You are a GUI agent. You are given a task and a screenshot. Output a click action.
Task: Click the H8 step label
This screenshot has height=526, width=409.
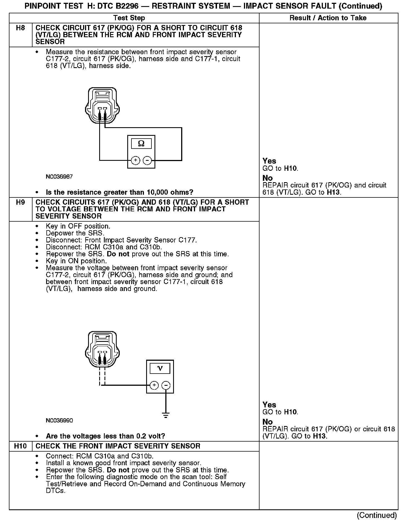[x=21, y=28]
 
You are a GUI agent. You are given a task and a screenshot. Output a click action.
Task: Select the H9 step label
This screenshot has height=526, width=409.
[x=21, y=202]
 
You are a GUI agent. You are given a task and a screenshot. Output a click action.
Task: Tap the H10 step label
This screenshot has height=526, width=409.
[x=21, y=446]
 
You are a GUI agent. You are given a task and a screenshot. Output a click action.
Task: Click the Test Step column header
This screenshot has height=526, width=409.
[x=129, y=18]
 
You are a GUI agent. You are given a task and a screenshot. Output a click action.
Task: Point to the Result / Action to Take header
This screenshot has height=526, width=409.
[x=328, y=18]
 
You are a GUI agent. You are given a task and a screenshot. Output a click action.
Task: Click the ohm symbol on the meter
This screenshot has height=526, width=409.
[x=141, y=144]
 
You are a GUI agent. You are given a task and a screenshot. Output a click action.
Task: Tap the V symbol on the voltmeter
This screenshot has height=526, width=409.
[x=160, y=369]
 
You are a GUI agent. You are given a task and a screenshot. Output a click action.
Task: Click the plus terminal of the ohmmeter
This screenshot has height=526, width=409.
[x=135, y=160]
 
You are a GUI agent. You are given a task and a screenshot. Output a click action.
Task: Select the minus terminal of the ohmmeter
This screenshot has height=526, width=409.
[x=147, y=160]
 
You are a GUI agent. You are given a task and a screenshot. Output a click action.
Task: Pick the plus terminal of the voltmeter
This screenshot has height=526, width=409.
[x=154, y=385]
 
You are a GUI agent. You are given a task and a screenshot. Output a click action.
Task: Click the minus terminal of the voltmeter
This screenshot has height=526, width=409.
[x=166, y=385]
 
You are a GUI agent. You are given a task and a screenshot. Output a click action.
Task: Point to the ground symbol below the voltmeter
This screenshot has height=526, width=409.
[x=166, y=415]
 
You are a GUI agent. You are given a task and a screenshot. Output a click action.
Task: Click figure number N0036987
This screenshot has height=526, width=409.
[x=59, y=177]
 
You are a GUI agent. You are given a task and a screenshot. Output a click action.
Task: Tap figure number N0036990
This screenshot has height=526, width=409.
[x=59, y=420]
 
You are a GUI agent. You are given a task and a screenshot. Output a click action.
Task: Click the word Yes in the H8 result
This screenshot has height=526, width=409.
[x=269, y=161]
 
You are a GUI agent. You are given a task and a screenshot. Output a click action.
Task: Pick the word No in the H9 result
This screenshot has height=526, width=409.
[x=268, y=422]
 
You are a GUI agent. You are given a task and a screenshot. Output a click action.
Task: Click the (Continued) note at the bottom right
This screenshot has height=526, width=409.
[x=376, y=515]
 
